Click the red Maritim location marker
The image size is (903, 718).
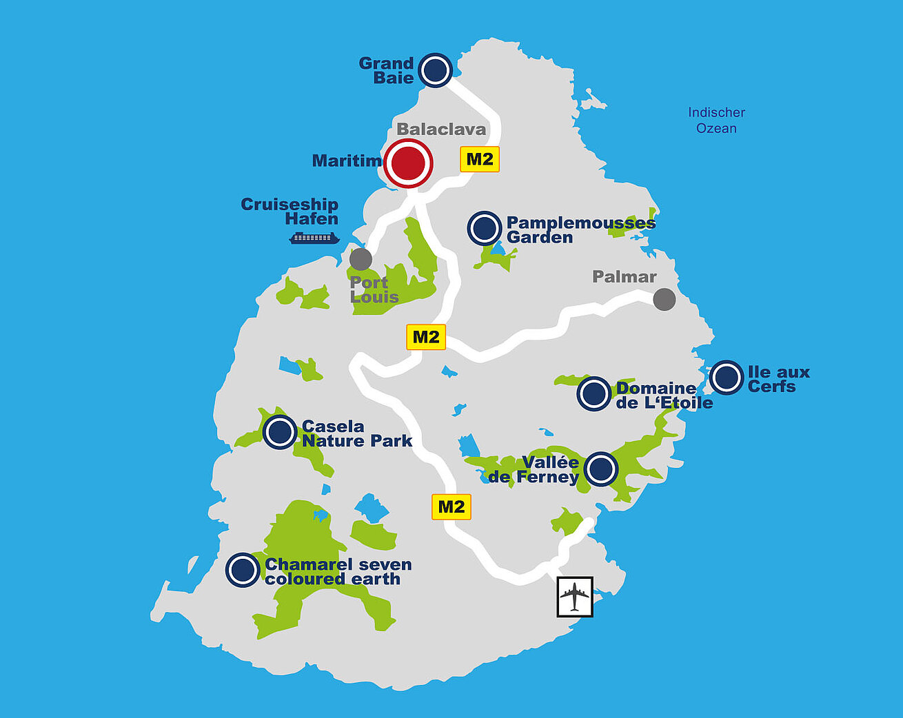408,163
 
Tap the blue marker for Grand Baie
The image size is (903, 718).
436,70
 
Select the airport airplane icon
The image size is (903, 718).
575,596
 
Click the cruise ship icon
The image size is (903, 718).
314,238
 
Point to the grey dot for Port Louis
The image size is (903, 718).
361,259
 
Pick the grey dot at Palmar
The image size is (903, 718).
664,299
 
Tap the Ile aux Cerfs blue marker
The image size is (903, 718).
726,378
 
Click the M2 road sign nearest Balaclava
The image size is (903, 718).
480,160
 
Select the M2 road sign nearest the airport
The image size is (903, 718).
451,507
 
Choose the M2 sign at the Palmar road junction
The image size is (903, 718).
426,337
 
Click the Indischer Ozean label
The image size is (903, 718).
716,120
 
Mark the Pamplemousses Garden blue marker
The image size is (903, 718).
484,228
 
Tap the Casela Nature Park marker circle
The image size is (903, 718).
280,433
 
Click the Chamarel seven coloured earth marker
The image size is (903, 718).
243,570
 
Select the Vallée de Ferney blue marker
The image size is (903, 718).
601,469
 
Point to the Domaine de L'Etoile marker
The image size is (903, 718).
593,393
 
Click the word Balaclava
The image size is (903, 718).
441,130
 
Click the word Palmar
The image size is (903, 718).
624,277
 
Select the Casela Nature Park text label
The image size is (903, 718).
356,433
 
